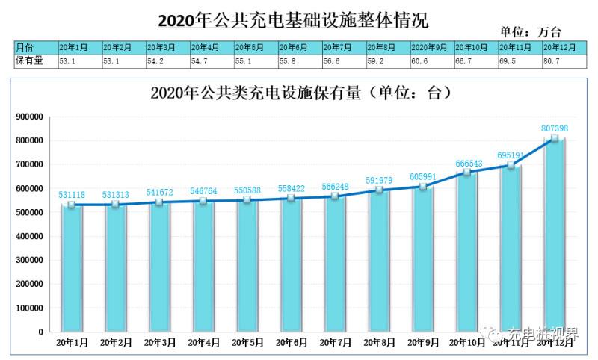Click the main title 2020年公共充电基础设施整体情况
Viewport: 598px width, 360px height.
click(298, 18)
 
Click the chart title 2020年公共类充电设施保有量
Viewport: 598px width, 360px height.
click(298, 93)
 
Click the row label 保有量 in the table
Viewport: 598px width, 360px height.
click(35, 60)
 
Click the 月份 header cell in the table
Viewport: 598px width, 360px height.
click(35, 46)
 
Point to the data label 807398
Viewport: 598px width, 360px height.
click(555, 128)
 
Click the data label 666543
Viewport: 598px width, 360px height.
click(467, 163)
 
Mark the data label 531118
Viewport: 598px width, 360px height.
click(72, 195)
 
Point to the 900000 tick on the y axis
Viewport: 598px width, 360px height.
click(30, 117)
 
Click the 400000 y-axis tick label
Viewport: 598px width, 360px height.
click(30, 236)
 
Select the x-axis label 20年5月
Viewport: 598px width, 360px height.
click(247, 342)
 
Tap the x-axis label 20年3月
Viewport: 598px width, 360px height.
click(160, 342)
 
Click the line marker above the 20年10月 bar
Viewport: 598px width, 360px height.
click(467, 173)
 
